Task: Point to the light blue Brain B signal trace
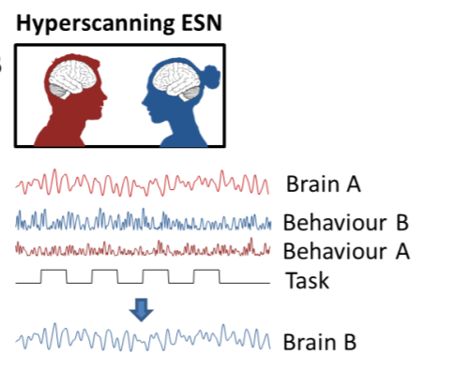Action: coord(141,337)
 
